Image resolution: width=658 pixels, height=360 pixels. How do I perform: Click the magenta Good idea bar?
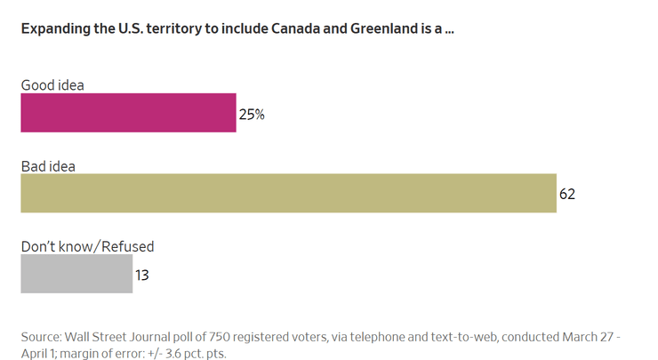tap(128, 113)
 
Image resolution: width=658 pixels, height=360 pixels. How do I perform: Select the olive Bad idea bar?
tap(288, 193)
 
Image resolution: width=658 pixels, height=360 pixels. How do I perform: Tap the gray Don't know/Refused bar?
tap(76, 274)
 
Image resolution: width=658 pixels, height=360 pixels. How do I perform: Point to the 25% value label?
tap(252, 114)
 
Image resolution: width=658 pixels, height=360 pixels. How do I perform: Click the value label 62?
tap(567, 194)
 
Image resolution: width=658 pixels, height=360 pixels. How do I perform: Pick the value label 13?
tap(142, 275)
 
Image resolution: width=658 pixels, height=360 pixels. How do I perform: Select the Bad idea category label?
tap(48, 165)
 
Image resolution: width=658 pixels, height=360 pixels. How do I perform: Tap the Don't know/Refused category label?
tap(87, 246)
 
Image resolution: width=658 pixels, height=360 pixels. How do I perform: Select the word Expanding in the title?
tap(54, 28)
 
